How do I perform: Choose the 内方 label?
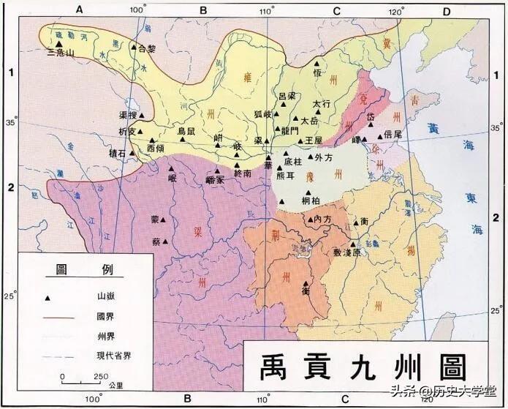(322, 219)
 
